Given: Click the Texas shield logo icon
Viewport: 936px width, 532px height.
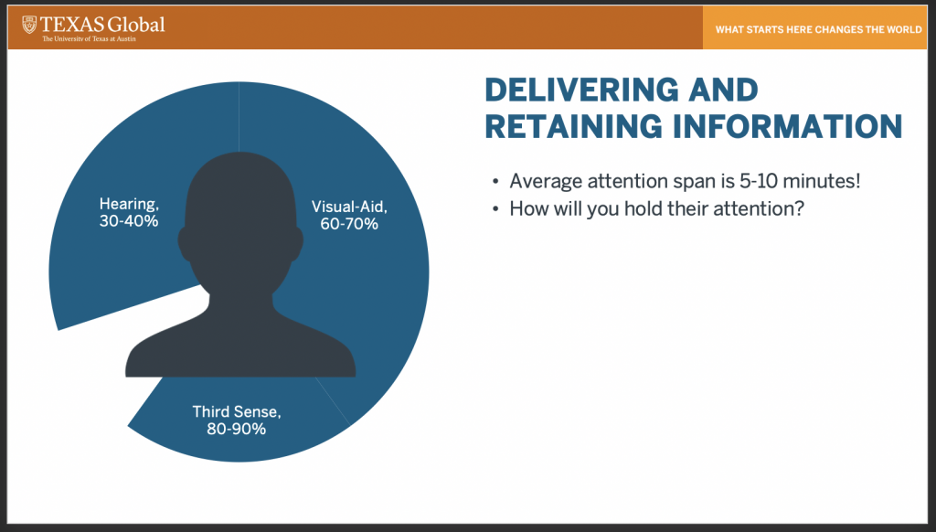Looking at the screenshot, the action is coord(29,25).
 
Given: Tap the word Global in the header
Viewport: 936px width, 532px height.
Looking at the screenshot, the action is coord(137,25).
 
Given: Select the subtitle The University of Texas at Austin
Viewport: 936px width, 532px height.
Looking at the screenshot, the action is coord(89,38).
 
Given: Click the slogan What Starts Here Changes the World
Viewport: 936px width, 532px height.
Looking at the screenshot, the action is coord(818,29).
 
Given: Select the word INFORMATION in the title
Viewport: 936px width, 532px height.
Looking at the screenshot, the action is coord(787,126).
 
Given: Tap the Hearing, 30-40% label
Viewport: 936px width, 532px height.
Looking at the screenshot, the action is coord(129,213).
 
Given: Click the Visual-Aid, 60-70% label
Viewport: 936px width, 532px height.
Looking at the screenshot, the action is coord(349,215).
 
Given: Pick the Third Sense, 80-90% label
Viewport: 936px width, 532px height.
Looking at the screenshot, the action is coord(237,420).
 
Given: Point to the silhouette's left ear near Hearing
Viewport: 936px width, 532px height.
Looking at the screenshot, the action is coord(186,244).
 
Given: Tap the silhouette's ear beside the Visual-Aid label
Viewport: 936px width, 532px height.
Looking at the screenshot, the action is coord(296,244).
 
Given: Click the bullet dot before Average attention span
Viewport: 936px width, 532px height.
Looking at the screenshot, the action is coord(495,182).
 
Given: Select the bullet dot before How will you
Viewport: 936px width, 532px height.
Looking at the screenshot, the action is coord(495,209).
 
